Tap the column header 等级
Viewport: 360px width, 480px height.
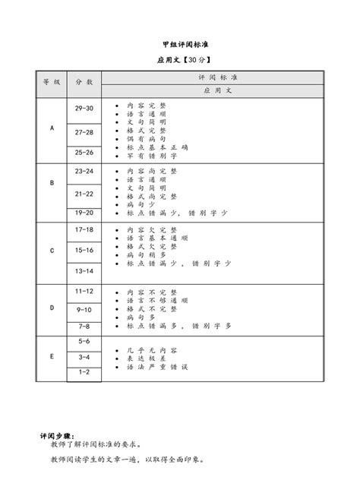52,81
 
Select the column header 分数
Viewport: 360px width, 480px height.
84,81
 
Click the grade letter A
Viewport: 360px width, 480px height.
52,128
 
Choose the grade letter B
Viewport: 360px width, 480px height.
52,183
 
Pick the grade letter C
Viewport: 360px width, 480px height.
52,250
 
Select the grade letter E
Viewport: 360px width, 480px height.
52,355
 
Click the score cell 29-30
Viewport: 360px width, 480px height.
84,109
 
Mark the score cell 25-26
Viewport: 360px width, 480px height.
84,152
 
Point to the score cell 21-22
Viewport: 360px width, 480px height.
84,194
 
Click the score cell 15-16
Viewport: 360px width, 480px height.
84,250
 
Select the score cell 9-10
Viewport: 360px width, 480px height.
84,309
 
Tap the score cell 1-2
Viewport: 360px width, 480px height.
84,371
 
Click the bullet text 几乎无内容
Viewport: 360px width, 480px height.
145,350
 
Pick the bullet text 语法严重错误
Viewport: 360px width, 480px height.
150,367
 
